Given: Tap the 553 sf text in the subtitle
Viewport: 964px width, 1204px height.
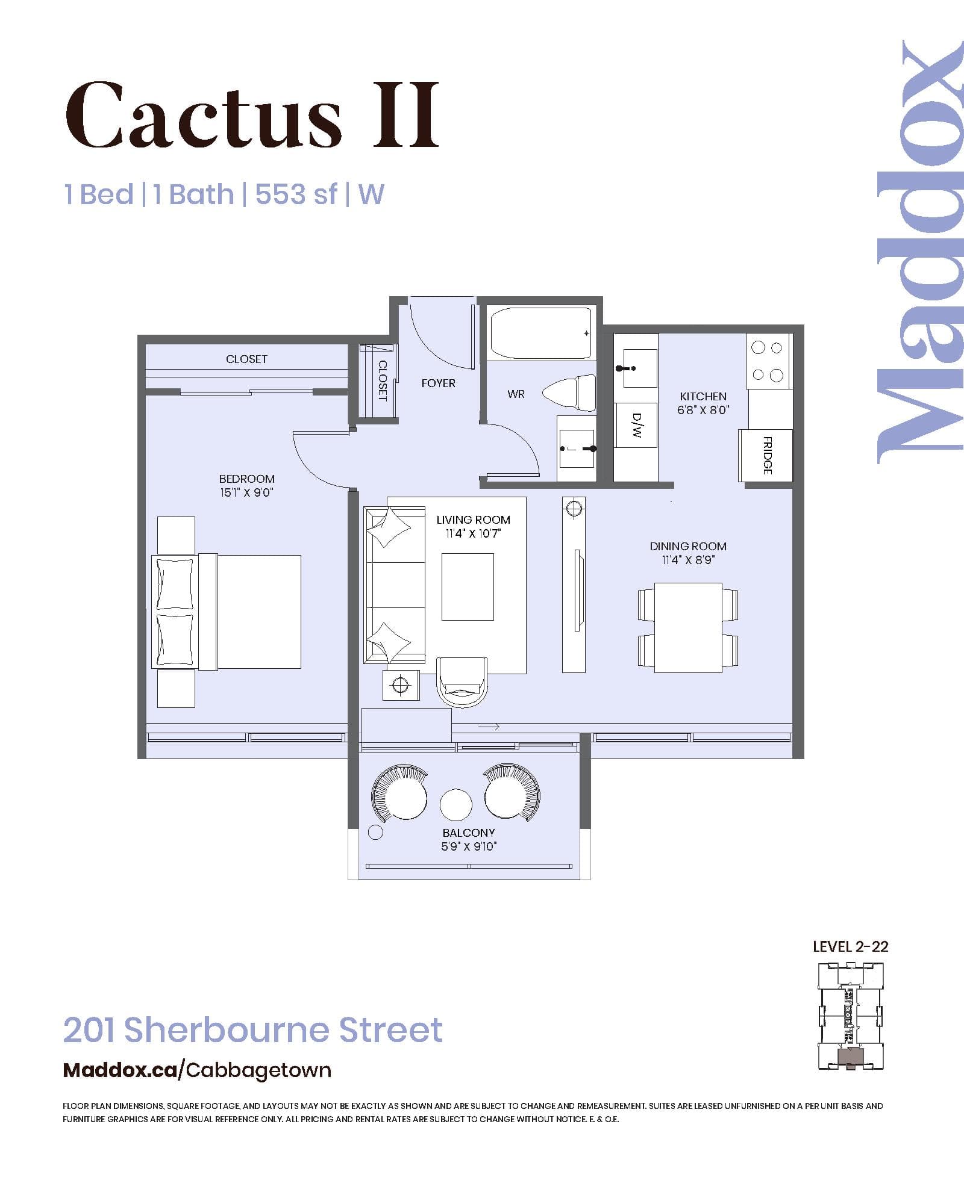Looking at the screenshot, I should (x=296, y=194).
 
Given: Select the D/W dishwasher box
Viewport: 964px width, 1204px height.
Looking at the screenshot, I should (x=636, y=425).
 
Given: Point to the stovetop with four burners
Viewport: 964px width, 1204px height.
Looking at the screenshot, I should (x=768, y=361).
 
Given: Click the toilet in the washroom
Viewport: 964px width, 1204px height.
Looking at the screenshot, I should (x=569, y=393).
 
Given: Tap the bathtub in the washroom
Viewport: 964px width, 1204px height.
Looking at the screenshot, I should (x=541, y=333).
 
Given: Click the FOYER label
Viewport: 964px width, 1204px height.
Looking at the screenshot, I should (x=438, y=383).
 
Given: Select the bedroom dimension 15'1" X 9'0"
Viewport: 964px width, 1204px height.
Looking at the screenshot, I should (x=246, y=493).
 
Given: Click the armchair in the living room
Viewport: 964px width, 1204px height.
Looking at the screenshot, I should (x=462, y=681).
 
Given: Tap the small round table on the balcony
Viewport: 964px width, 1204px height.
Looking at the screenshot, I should (x=456, y=805).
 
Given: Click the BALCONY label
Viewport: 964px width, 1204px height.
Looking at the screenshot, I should (x=469, y=833).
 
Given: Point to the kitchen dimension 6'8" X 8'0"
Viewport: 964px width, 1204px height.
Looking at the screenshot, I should (x=703, y=410).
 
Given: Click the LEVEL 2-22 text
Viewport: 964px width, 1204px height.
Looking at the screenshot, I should (x=850, y=947).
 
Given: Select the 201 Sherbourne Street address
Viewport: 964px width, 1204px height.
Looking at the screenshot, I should (x=253, y=1030).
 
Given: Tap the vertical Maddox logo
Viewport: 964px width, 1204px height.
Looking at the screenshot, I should (x=919, y=253).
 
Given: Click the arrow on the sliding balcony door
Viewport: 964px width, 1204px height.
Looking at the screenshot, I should (x=489, y=727).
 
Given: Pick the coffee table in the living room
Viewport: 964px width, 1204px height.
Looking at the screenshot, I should (x=468, y=587).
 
